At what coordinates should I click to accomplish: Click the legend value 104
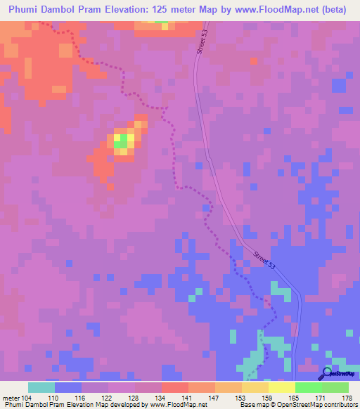click(x=27, y=397)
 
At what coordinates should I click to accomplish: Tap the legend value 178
click(x=347, y=397)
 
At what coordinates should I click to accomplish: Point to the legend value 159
click(x=266, y=397)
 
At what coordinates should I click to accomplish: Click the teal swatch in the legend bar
click(x=41, y=387)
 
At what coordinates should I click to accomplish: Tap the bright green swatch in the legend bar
click(x=308, y=387)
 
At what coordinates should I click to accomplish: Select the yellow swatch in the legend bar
click(x=281, y=387)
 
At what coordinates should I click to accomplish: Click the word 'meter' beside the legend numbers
click(x=9, y=397)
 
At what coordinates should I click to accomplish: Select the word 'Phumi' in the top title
click(x=22, y=9)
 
